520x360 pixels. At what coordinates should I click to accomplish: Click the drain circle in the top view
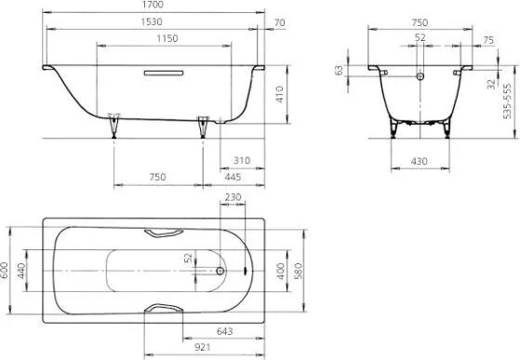[x=220, y=272]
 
